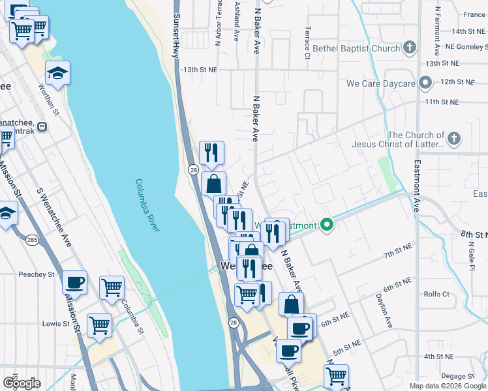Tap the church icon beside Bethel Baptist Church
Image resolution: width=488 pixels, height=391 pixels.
click(x=409, y=48)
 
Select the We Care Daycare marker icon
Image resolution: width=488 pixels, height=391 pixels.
click(x=425, y=83)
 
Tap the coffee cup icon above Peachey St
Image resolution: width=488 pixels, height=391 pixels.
click(x=74, y=283)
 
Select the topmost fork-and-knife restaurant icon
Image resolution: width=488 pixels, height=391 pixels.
click(x=211, y=152)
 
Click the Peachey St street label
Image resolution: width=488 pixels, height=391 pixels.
click(x=37, y=275)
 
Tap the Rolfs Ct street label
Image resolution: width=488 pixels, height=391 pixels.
click(x=436, y=294)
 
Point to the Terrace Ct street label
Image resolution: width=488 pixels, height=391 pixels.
click(x=306, y=42)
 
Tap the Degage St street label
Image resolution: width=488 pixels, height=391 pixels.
click(x=457, y=376)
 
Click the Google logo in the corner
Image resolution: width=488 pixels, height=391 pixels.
click(x=22, y=383)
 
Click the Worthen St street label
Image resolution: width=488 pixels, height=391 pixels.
click(x=48, y=99)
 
